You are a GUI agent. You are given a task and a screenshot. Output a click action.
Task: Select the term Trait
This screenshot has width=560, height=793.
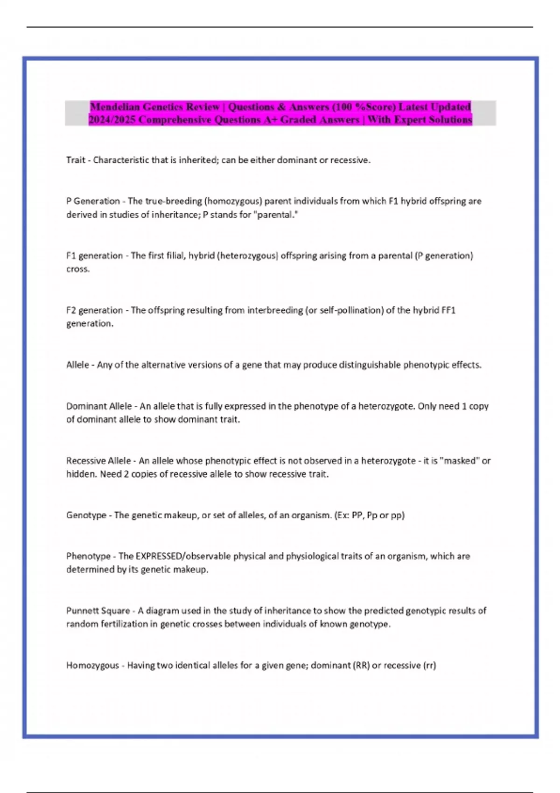[76, 160]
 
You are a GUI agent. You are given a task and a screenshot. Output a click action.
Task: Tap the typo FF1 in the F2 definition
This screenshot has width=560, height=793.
[448, 310]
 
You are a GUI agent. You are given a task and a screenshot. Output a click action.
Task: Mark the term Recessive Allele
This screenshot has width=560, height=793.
[98, 461]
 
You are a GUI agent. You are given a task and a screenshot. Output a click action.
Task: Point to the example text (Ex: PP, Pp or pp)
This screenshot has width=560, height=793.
[370, 515]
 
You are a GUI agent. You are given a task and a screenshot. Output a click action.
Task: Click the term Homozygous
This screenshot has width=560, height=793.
[92, 665]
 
